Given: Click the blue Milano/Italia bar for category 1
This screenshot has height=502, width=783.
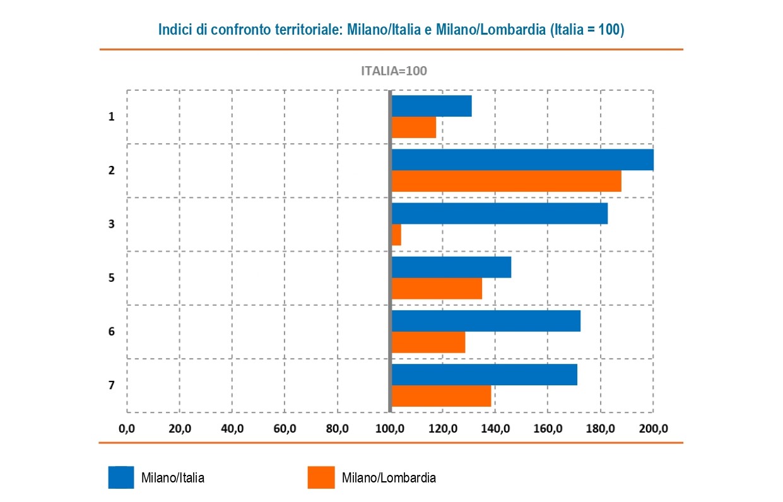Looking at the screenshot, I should click(x=432, y=106).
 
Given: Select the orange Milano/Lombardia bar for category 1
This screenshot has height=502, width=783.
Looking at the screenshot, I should click(x=414, y=127).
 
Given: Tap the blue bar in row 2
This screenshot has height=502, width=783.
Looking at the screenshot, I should click(x=522, y=160).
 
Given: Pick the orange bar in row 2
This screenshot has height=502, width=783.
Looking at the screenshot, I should click(x=506, y=181).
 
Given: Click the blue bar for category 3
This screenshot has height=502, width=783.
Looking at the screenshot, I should click(x=499, y=213).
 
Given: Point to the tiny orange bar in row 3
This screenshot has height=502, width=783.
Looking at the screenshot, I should click(x=396, y=235).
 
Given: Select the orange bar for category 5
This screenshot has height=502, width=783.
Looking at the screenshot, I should click(x=437, y=289).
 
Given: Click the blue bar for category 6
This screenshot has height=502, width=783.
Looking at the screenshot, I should click(x=486, y=321).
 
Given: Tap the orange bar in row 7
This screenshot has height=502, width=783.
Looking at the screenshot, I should click(x=441, y=396).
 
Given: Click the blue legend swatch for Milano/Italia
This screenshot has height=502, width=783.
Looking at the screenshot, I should click(x=121, y=477).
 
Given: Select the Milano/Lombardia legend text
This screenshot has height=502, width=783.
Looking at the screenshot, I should click(x=389, y=478).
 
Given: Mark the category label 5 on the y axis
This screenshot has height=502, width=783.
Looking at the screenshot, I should click(x=111, y=277).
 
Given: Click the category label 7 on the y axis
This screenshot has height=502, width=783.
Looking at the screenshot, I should click(x=111, y=385).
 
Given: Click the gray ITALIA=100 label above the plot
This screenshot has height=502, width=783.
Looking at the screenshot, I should click(x=394, y=71).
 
